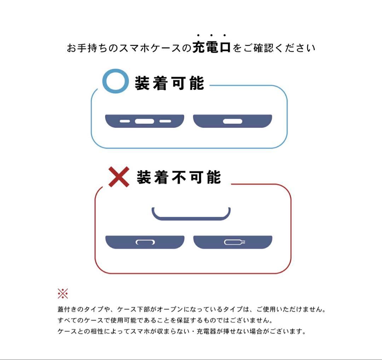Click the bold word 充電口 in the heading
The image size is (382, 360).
[x=212, y=47]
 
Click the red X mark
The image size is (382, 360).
[x=118, y=177]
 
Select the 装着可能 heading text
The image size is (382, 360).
[x=169, y=83]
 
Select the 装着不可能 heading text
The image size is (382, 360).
[x=179, y=177]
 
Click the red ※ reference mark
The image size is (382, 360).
[x=63, y=293]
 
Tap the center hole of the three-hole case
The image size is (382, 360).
[x=144, y=121]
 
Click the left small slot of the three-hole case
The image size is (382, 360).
[x=125, y=121]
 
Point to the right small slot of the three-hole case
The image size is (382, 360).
[x=165, y=121]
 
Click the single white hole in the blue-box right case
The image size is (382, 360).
[x=233, y=121]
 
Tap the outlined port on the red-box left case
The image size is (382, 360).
[x=145, y=242]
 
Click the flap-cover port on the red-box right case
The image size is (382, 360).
[x=235, y=242]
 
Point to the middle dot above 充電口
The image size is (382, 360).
[x=211, y=35]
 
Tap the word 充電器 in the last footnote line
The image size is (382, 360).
[x=206, y=331]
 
